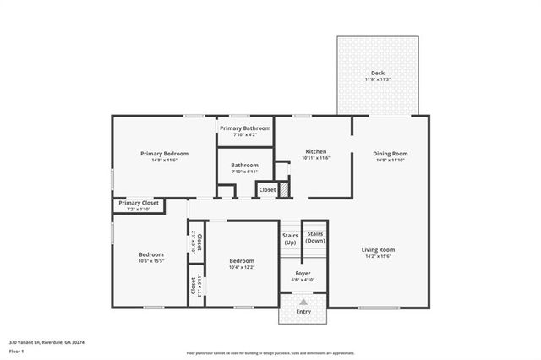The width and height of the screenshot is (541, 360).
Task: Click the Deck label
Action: click(x=377, y=73)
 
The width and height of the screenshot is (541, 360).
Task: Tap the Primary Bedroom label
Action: click(x=164, y=153)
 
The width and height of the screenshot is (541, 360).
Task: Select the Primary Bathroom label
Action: click(x=244, y=128)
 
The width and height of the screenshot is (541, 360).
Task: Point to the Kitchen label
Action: click(x=315, y=153)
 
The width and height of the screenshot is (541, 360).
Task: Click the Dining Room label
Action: click(x=391, y=153)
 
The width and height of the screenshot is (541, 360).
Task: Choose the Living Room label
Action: click(x=379, y=249)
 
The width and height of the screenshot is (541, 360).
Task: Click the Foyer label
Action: click(x=303, y=273)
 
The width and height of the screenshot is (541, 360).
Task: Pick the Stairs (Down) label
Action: click(x=315, y=236)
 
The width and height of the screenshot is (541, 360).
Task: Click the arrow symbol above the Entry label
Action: click(x=303, y=302)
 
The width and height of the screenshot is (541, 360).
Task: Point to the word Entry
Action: click(x=303, y=312)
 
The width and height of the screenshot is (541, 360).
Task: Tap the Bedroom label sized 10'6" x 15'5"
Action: click(x=151, y=254)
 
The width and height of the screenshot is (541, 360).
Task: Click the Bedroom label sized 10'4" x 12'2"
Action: click(x=241, y=260)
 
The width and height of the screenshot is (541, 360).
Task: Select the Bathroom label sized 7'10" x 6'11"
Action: click(x=244, y=166)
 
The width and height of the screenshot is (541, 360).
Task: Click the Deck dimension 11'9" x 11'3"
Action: click(x=377, y=79)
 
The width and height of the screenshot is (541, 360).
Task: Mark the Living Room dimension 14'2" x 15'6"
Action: click(x=379, y=256)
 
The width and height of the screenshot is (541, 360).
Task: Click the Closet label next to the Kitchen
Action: click(x=267, y=190)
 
